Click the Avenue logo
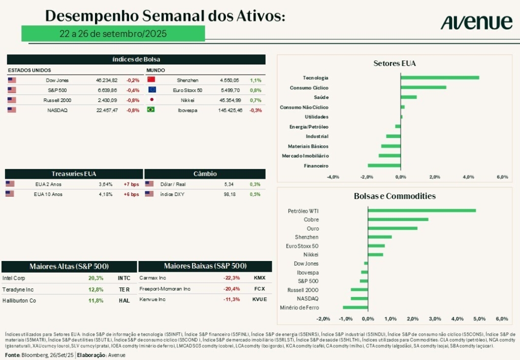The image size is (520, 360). [476, 22]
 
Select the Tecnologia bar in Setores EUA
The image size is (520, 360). [440, 78]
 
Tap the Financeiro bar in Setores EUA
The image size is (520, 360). [384, 166]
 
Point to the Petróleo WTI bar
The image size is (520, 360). [421, 210]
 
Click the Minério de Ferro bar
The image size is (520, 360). [355, 307]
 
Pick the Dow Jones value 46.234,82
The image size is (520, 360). [107, 80]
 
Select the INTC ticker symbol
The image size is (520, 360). [124, 278]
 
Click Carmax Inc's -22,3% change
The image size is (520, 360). [232, 278]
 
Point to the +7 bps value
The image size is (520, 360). [131, 184]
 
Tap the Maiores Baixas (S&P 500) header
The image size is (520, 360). [205, 266]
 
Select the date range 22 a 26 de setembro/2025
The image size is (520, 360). [113, 34]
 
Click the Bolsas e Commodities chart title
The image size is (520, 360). [395, 196]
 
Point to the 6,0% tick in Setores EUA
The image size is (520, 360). [502, 177]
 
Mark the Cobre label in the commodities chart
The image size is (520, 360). [311, 220]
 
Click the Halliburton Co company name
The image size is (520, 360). [19, 300]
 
